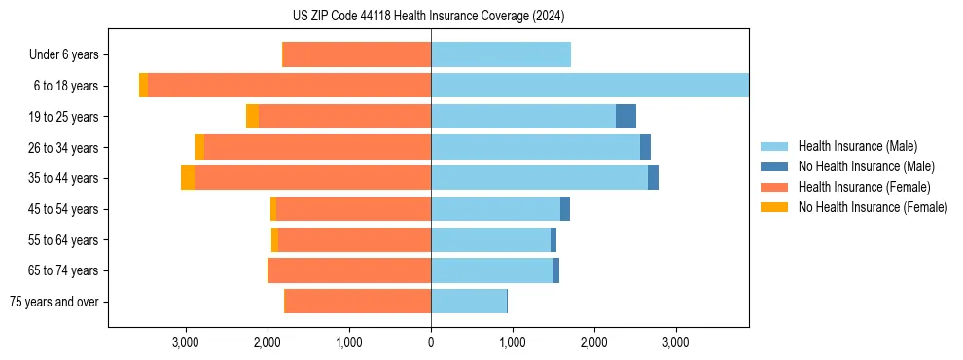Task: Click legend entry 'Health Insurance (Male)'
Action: pos(857,146)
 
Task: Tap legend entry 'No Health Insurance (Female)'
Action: pos(872,207)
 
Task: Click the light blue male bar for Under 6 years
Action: pos(501,55)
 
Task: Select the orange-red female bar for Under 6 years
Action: pos(357,55)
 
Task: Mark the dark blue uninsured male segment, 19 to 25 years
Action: pos(625,117)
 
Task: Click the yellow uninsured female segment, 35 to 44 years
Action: pos(188,178)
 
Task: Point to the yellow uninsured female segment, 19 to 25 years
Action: pos(253,117)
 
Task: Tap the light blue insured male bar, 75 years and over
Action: pos(469,302)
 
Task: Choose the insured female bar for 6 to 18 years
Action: pos(290,86)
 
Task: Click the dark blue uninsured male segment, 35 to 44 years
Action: pos(653,178)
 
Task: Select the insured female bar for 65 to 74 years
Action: pos(350,270)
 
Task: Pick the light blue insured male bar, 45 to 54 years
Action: pos(496,209)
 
